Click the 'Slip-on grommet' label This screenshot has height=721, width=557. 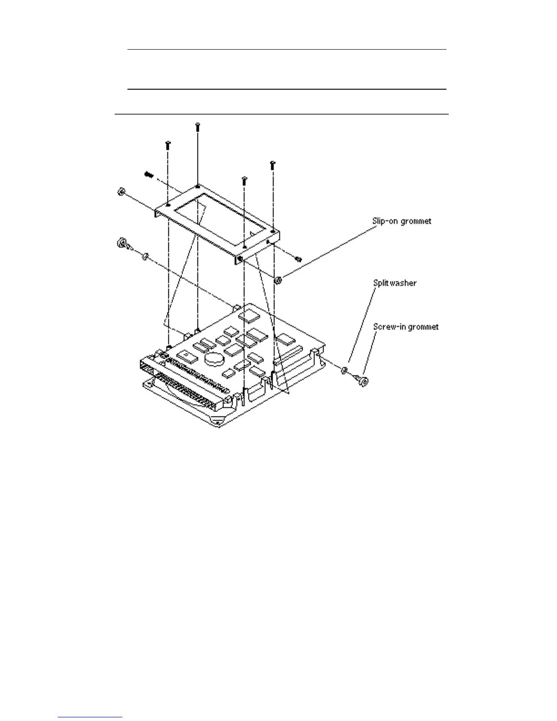click(401, 221)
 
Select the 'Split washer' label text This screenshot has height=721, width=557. click(395, 283)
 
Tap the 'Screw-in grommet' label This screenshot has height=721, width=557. click(405, 327)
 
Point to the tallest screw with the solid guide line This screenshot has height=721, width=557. click(197, 127)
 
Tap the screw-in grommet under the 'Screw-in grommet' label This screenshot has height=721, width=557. click(364, 380)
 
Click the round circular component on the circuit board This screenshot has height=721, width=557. click(213, 359)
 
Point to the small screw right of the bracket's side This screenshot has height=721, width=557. click(298, 259)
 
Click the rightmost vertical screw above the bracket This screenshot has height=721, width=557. click(272, 165)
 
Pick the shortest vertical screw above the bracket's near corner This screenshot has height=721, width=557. click(244, 181)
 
